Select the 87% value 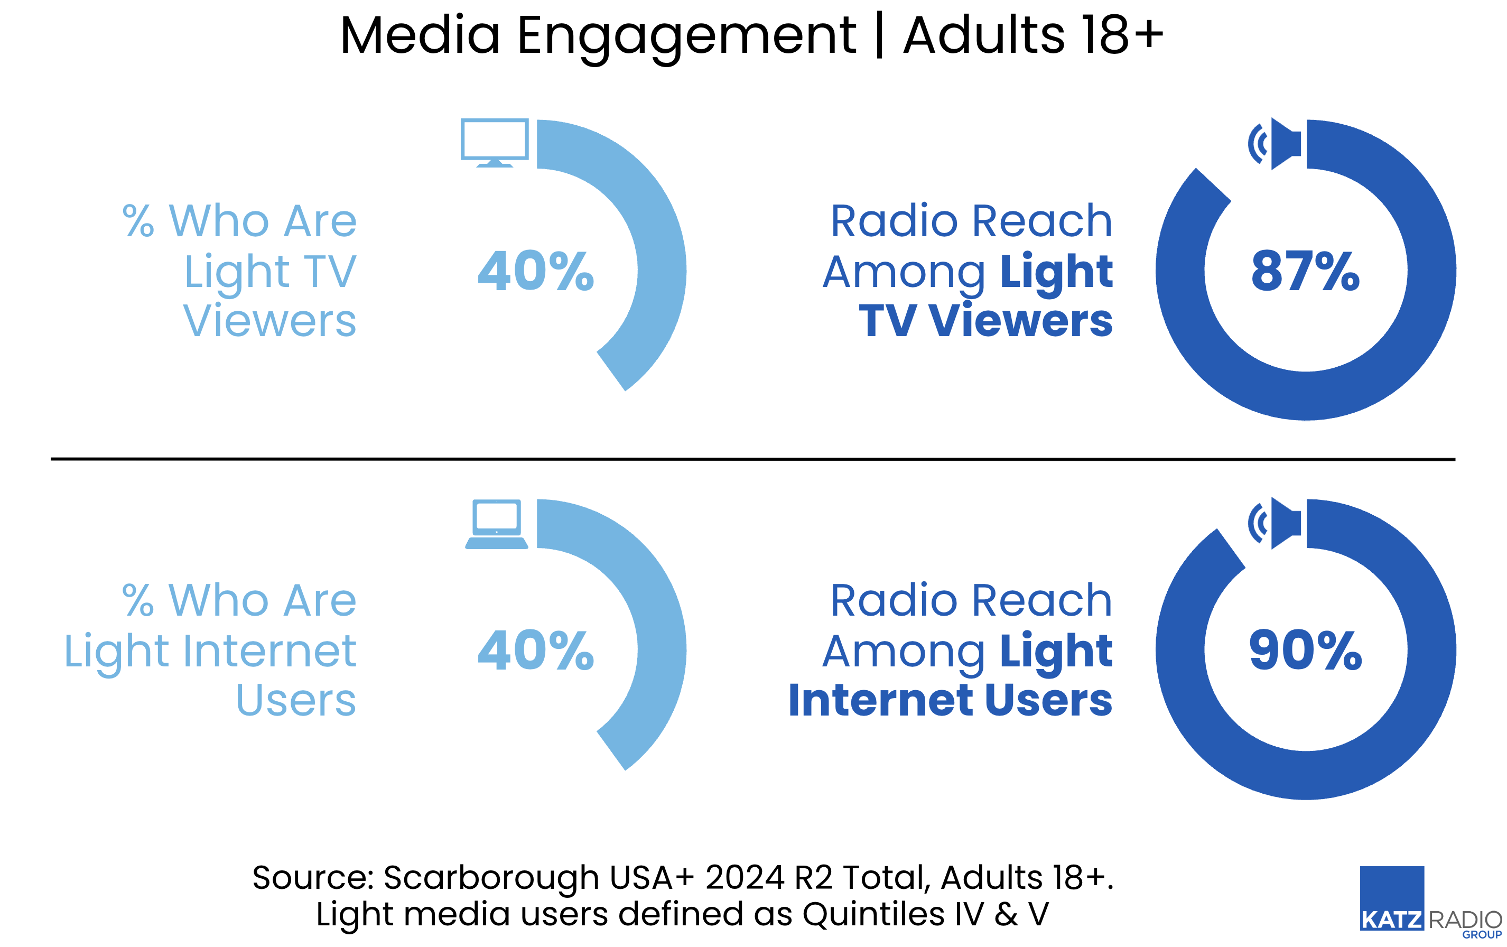[1306, 271]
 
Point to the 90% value [1306, 651]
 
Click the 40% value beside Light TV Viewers [536, 271]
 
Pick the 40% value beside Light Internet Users [536, 651]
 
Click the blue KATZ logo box [1392, 897]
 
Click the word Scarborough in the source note [491, 878]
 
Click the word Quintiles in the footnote [873, 914]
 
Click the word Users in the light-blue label [296, 700]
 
